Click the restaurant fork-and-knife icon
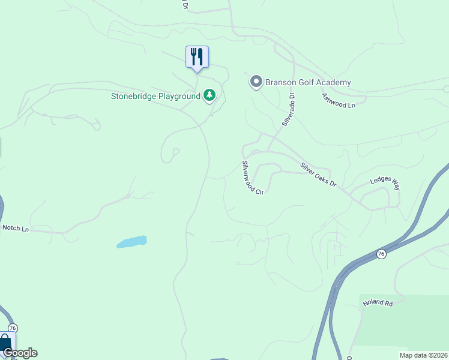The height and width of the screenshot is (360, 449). (x=197, y=57)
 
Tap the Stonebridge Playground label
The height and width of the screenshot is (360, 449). (x=155, y=96)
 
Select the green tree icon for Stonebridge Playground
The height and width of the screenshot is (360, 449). (x=209, y=95)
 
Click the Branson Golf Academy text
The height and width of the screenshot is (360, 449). (x=307, y=82)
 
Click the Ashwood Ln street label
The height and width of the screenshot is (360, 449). (x=339, y=100)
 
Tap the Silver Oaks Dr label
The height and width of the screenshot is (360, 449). (x=319, y=175)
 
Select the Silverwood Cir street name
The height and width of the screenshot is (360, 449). (x=253, y=177)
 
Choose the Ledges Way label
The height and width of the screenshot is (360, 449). (x=385, y=183)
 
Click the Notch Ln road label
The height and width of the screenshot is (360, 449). (x=16, y=228)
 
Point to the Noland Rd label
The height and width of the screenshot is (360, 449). (x=377, y=304)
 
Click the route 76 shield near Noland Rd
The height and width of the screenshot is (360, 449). (x=382, y=254)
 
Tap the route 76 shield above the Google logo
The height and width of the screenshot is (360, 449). (x=13, y=328)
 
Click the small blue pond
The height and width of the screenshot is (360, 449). (x=132, y=242)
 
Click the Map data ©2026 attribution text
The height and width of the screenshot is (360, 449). (x=423, y=355)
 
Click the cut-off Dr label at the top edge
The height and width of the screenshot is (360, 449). (x=185, y=5)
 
